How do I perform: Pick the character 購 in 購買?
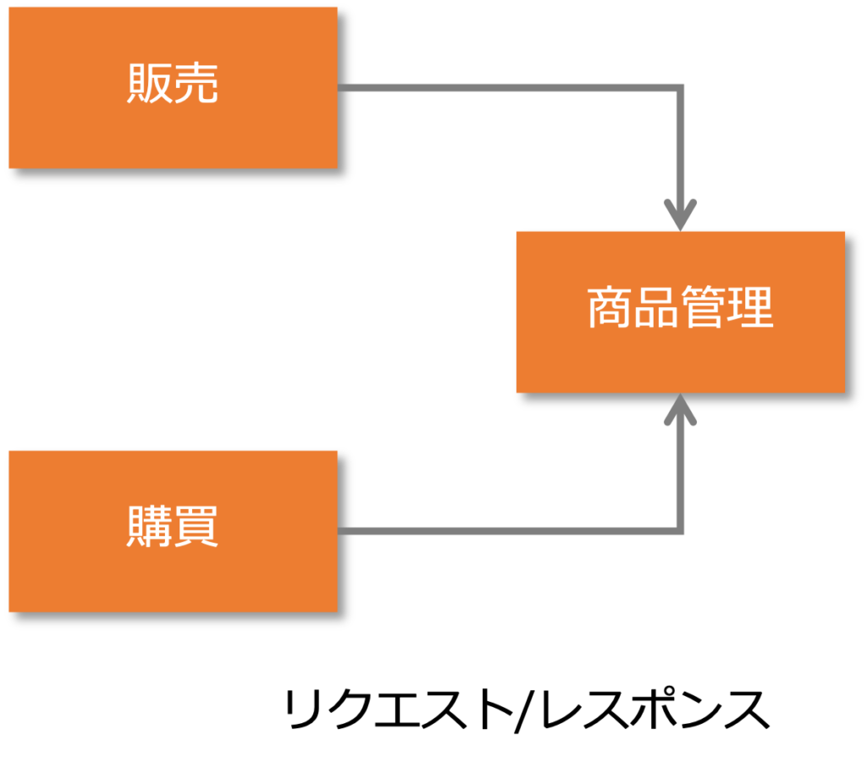click(x=149, y=527)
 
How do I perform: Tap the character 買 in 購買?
click(x=196, y=527)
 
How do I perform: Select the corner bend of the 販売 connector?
click(x=680, y=88)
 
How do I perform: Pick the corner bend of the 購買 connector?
click(x=680, y=531)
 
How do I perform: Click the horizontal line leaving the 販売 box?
click(x=508, y=88)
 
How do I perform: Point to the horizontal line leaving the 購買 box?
click(x=508, y=531)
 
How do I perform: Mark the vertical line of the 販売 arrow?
click(x=680, y=144)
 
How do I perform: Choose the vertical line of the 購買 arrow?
click(x=680, y=474)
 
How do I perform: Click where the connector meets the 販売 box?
click(x=340, y=88)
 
